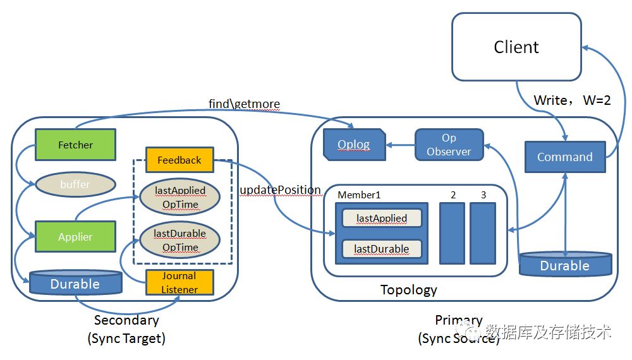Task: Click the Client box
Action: tap(516, 47)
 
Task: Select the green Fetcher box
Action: tap(75, 145)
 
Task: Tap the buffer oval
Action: tap(75, 184)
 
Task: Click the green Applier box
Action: tap(75, 237)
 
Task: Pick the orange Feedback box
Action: tap(179, 160)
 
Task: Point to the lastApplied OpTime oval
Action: tap(179, 197)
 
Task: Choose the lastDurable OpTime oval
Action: tap(179, 240)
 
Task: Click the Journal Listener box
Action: tap(179, 282)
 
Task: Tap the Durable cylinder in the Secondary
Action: tap(75, 284)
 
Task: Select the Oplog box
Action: tap(353, 145)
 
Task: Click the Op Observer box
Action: tap(449, 145)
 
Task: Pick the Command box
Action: tap(564, 157)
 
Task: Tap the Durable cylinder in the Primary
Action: tap(564, 265)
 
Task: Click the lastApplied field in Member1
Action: tap(381, 219)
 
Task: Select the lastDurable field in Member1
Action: tap(381, 249)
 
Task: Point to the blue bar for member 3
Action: tap(483, 232)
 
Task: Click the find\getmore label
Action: tap(244, 104)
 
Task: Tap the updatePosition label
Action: tap(281, 190)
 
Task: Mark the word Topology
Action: tap(408, 290)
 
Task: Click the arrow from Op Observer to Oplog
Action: tap(400, 145)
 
